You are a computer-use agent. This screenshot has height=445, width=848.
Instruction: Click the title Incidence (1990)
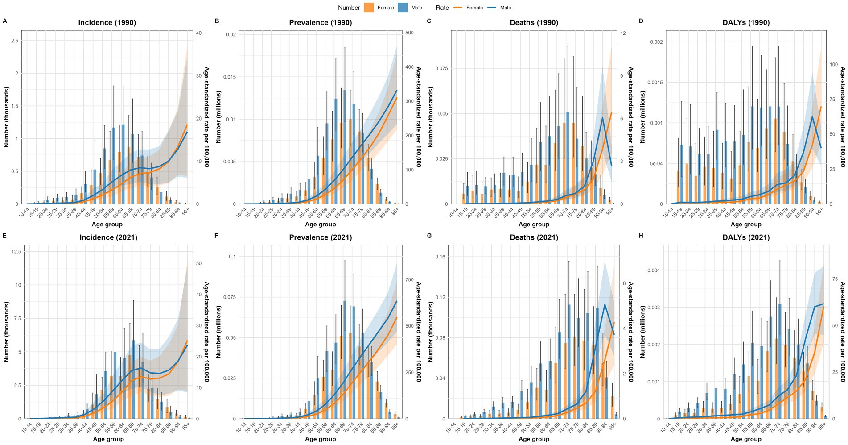pyautogui.click(x=107, y=22)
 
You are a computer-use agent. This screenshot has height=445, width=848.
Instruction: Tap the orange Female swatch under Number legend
pyautogui.click(x=369, y=8)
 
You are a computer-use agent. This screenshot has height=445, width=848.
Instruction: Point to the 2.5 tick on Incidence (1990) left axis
pyautogui.click(x=14, y=41)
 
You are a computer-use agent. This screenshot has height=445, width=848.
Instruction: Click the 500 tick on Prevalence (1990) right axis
pyautogui.click(x=409, y=33)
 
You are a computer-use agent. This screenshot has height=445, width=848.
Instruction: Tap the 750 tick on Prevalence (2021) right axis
pyautogui.click(x=409, y=280)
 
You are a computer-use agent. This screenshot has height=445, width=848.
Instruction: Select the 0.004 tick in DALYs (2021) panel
pyautogui.click(x=653, y=270)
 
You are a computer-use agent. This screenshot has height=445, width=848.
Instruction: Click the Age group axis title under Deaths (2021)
pyautogui.click(x=534, y=439)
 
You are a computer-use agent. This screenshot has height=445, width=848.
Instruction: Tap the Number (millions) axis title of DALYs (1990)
pyautogui.click(x=642, y=117)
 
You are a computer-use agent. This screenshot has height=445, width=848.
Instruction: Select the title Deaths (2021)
pyautogui.click(x=534, y=237)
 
